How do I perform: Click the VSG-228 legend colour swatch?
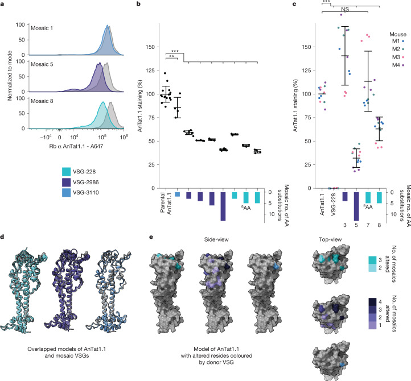(x=66, y=172)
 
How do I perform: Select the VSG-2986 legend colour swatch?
(x=66, y=182)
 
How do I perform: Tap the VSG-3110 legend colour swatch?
(x=66, y=193)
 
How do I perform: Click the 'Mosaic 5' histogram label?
(x=42, y=64)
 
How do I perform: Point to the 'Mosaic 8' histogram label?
(x=42, y=101)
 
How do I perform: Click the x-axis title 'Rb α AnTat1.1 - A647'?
(x=76, y=146)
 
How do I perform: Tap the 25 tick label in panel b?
(x=152, y=165)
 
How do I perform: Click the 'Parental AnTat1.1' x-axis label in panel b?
(x=166, y=204)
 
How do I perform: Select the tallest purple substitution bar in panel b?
(x=223, y=206)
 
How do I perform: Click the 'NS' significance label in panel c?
(x=345, y=9)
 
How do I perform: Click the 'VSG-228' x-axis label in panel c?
(x=334, y=204)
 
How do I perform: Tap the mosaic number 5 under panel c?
(x=356, y=225)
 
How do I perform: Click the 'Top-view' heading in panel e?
(x=330, y=239)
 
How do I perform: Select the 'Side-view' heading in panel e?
(x=216, y=239)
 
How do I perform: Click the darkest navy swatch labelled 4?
(x=372, y=302)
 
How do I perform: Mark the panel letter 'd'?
(x=2, y=237)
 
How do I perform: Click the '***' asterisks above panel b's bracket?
(x=175, y=51)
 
